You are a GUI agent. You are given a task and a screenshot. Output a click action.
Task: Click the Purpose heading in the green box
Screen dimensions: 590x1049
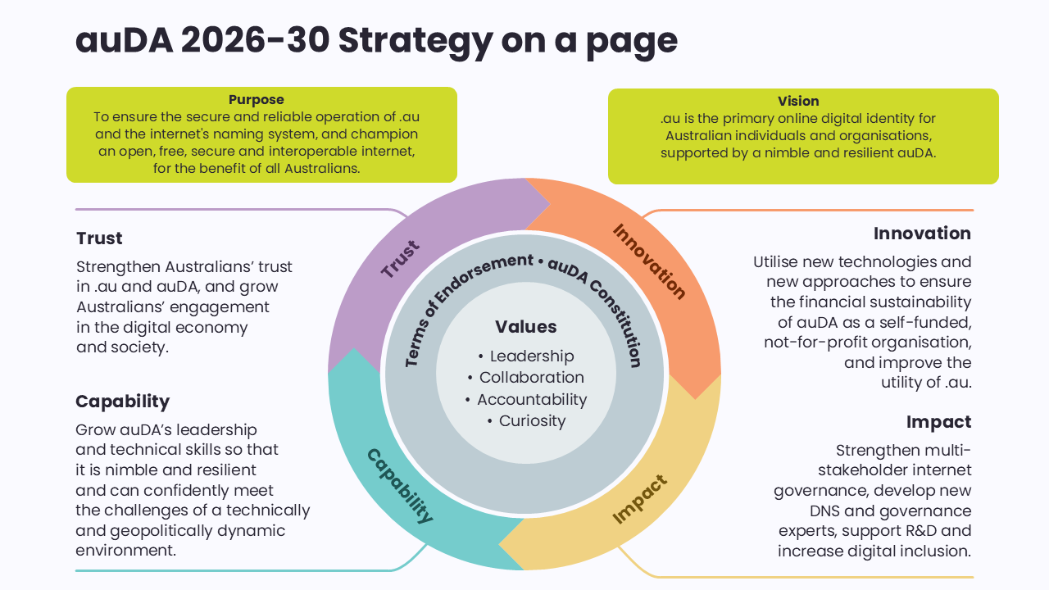click(x=257, y=100)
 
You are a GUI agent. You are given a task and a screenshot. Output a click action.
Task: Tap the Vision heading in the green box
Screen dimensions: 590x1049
click(x=798, y=101)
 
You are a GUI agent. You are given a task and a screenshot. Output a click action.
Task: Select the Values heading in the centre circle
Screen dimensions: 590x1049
click(x=525, y=327)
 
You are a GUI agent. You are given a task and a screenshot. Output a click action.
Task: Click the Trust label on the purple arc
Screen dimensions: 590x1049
click(x=400, y=259)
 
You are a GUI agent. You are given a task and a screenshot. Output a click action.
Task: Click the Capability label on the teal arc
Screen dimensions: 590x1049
click(x=399, y=485)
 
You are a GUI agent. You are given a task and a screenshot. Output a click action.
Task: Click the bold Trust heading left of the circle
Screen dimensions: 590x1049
click(x=99, y=238)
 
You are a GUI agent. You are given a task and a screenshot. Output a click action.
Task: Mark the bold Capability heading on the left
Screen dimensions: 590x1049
click(x=122, y=402)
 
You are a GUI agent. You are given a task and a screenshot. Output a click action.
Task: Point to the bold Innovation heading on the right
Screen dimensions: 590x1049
click(x=922, y=234)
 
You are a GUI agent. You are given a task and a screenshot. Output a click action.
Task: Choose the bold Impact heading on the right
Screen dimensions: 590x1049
click(x=938, y=422)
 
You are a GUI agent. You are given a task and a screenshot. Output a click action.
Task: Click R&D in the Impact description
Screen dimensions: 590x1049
click(x=923, y=531)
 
